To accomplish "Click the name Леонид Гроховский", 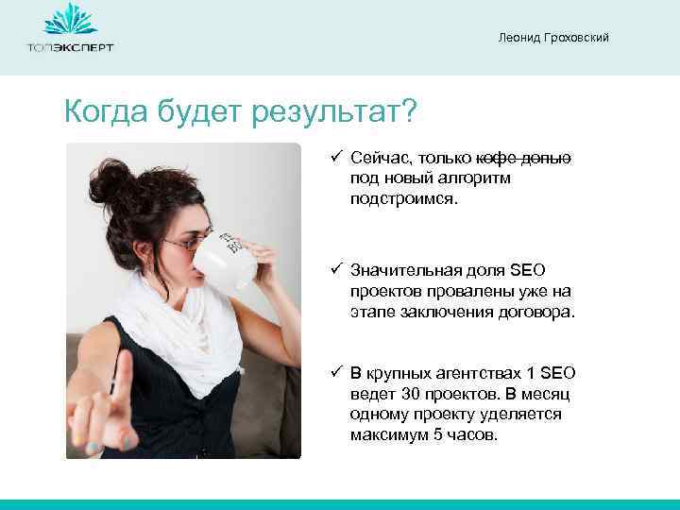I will click(553, 37).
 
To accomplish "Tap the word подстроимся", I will click(402, 199).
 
